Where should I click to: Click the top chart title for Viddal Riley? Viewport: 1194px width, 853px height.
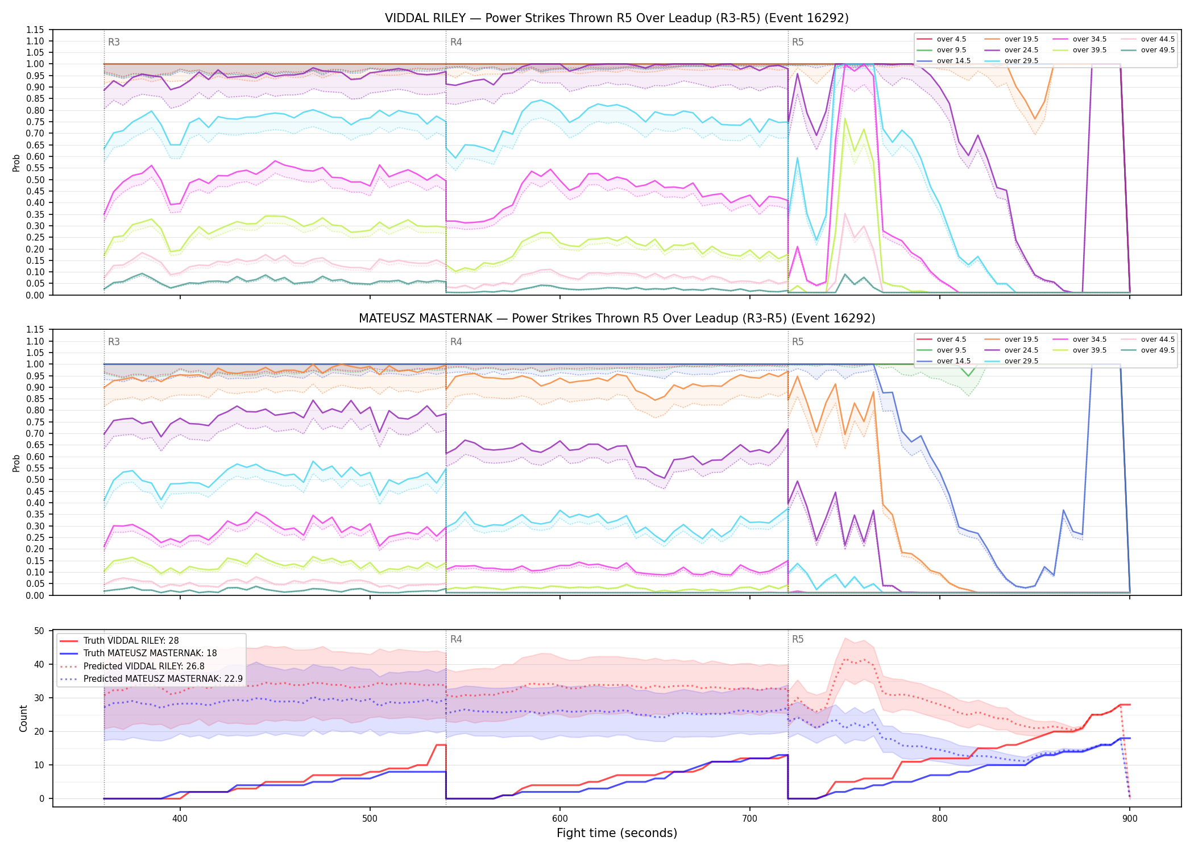617,18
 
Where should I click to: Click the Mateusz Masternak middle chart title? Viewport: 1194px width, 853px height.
617,318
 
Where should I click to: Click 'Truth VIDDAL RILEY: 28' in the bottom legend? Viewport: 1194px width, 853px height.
131,641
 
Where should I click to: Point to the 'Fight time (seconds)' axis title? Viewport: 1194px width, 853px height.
617,833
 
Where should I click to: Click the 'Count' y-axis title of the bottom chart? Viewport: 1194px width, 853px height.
23,718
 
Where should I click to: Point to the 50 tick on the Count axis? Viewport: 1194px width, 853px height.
39,631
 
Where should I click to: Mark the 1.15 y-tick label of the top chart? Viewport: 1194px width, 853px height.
35,30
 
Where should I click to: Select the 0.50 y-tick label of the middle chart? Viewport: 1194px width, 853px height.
35,480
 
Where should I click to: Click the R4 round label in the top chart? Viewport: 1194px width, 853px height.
456,42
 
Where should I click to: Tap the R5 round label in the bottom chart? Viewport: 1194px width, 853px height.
798,639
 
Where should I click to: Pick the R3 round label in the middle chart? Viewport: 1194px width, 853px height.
114,342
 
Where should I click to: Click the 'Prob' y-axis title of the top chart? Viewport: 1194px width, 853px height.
16,163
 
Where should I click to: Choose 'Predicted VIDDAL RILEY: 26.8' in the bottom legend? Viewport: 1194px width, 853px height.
144,666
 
